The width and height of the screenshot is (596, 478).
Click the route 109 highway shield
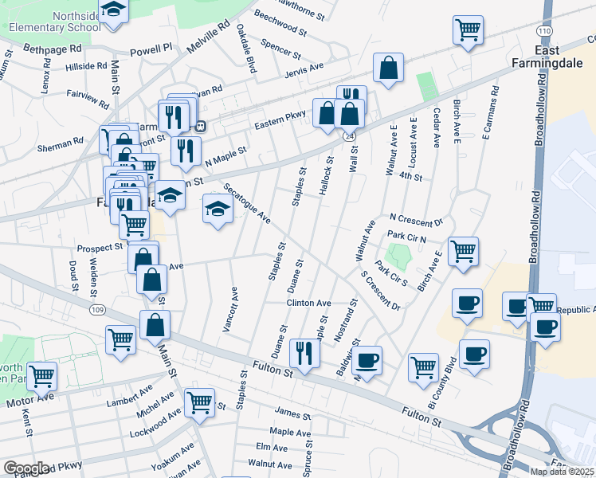(97, 308)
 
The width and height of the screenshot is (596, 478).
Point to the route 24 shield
(349, 137)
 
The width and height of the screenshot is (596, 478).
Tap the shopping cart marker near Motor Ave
(41, 374)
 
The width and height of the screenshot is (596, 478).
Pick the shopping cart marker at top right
(468, 30)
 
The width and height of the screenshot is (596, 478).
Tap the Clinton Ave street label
(308, 304)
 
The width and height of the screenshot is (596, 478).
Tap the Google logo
(26, 468)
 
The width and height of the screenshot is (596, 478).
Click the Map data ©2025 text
(561, 472)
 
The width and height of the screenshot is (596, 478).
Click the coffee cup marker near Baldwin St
(367, 359)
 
